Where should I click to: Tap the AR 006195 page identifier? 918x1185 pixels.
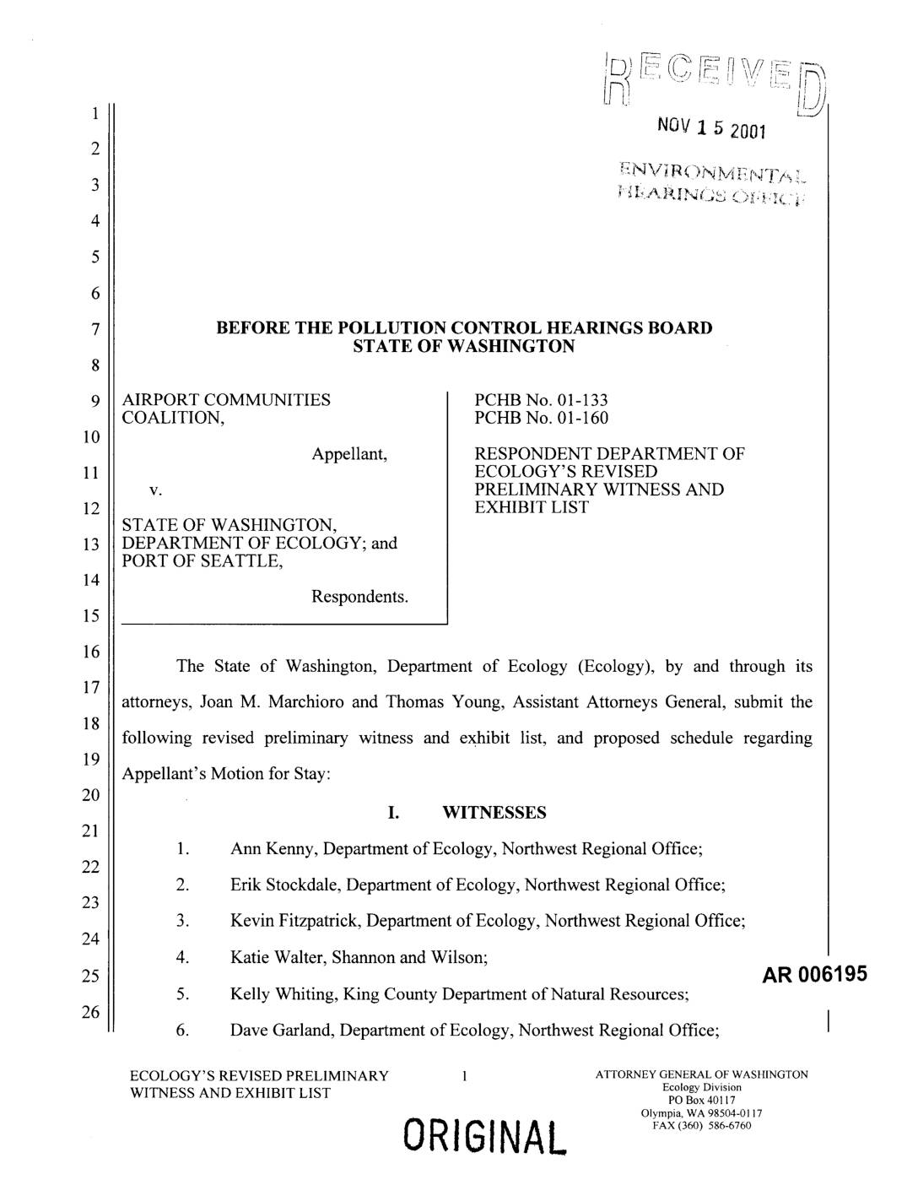coord(814,976)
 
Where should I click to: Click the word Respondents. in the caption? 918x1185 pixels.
coord(360,597)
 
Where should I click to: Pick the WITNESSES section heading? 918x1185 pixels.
coord(494,813)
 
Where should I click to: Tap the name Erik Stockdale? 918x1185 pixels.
coord(283,885)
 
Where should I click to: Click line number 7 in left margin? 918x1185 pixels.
coord(96,328)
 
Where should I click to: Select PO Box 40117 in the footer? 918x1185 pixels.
coord(702,1100)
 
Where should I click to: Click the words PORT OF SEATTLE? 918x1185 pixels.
coord(202,561)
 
